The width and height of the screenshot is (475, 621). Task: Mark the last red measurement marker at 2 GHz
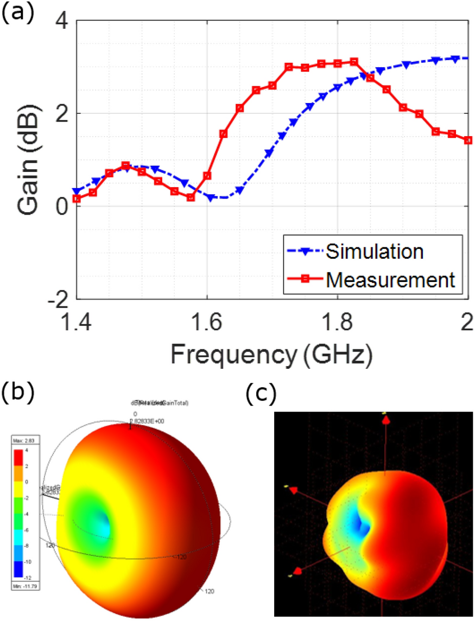[468, 140]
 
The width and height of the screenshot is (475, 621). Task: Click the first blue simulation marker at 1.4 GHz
[77, 191]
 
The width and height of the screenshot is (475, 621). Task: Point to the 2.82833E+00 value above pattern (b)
[149, 420]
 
